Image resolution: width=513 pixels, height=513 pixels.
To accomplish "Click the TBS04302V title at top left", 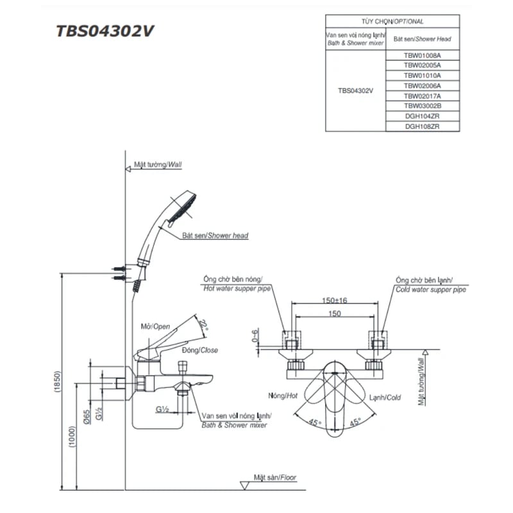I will [x=105, y=32].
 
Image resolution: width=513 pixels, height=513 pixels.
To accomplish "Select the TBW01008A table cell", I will [x=423, y=55].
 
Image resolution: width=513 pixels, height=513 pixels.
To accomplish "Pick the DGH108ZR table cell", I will [x=423, y=126].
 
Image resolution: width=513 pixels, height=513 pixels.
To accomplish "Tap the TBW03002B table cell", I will [x=423, y=106].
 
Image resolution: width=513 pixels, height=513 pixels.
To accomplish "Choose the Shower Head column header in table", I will [x=423, y=38].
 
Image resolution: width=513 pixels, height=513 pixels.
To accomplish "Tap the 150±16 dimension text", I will [x=335, y=301].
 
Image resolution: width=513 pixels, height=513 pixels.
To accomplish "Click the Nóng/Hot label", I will [x=282, y=397].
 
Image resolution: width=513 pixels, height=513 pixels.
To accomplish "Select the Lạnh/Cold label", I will [x=385, y=398].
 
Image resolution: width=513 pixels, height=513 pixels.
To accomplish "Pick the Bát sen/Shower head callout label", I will [x=215, y=236].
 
